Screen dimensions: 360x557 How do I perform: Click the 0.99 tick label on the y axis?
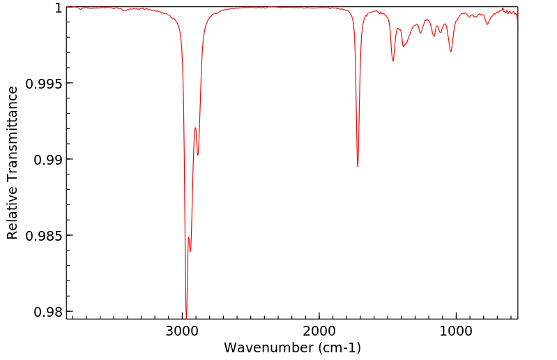click(x=47, y=160)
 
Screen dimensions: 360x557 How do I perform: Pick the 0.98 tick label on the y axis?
click(x=47, y=312)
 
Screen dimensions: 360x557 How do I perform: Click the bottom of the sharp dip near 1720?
click(x=358, y=167)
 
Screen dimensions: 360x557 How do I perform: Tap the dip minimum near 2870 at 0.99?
click(x=198, y=155)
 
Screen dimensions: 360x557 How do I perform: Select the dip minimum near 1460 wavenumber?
click(x=393, y=61)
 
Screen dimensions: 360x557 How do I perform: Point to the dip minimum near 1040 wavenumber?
click(x=451, y=52)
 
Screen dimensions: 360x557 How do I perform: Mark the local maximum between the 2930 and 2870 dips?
click(x=195, y=128)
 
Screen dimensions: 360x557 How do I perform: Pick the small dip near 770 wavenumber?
click(x=487, y=24)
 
